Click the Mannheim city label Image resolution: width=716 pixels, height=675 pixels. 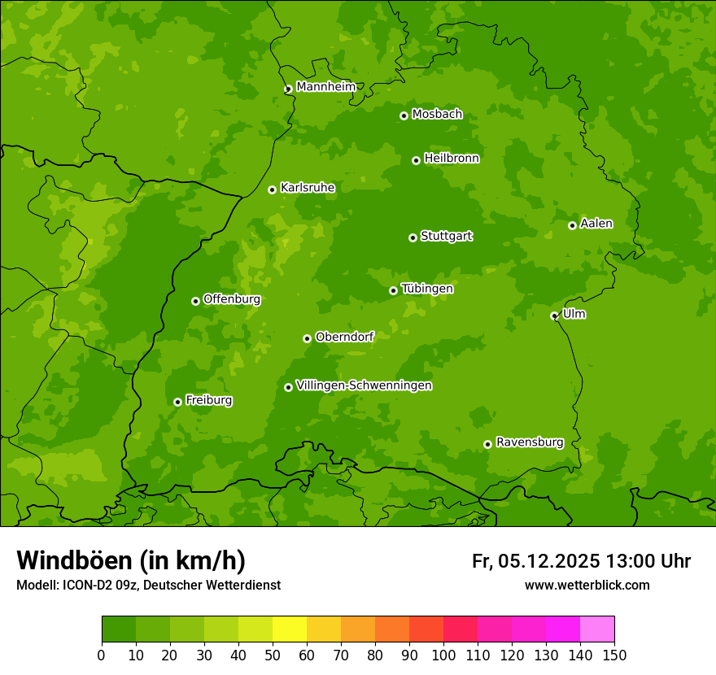(x=325, y=87)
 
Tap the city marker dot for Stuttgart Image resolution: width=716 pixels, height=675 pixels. (x=413, y=237)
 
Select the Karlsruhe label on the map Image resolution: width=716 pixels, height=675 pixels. (x=307, y=188)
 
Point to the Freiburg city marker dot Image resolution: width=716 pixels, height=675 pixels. (x=177, y=402)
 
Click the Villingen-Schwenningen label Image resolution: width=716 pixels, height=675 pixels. (x=364, y=385)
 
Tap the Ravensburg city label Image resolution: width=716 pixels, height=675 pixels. (x=529, y=442)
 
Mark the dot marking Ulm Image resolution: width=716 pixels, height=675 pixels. (x=554, y=316)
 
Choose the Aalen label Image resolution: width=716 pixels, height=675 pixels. (x=596, y=224)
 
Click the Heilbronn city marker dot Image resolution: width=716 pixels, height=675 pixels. (x=416, y=160)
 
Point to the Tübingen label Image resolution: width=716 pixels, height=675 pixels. (x=426, y=289)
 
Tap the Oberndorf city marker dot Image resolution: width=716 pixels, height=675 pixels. (x=307, y=338)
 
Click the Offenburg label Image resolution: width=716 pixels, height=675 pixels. (x=231, y=299)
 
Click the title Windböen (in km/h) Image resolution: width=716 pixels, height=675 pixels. (x=130, y=560)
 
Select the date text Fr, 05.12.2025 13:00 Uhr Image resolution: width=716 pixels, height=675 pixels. (x=581, y=561)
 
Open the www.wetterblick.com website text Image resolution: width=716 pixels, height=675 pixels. (x=587, y=585)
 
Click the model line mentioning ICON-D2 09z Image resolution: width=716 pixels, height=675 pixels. (x=148, y=585)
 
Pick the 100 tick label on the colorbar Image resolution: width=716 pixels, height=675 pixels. (x=443, y=655)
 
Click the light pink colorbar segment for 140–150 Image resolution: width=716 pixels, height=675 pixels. (x=597, y=629)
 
